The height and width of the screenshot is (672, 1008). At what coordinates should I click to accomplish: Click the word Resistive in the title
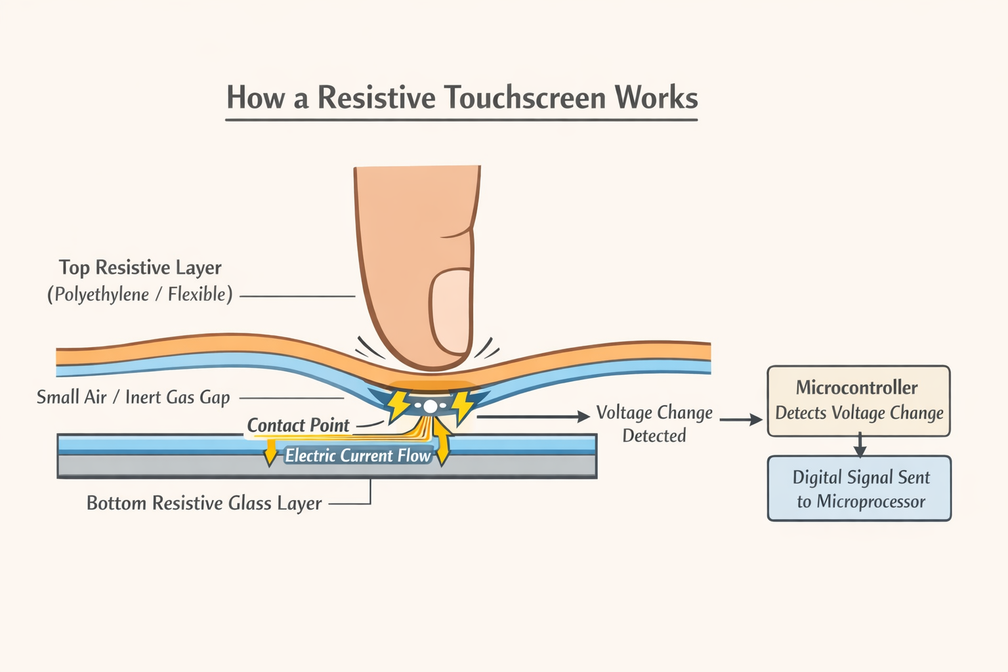(376, 98)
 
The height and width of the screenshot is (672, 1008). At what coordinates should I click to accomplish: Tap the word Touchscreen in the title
(525, 98)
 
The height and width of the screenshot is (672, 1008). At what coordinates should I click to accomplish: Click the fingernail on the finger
(451, 312)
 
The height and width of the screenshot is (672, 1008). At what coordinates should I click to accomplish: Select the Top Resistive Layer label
(140, 268)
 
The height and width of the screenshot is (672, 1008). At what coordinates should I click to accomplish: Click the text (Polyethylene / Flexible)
(140, 294)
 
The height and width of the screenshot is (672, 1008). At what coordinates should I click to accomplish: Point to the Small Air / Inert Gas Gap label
(133, 397)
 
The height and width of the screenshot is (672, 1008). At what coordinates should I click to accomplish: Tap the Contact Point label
(298, 425)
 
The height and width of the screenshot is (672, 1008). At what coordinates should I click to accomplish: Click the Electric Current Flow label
(358, 455)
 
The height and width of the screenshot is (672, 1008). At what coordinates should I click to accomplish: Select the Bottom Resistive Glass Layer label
(204, 503)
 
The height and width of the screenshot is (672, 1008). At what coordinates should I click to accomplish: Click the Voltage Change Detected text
(654, 424)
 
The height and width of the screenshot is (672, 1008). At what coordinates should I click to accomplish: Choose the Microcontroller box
(858, 400)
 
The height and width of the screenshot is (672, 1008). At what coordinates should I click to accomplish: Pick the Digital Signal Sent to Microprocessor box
(859, 489)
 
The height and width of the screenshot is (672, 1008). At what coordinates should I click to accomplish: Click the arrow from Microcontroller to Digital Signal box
(860, 446)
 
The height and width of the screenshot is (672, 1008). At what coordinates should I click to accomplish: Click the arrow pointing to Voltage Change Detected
(533, 416)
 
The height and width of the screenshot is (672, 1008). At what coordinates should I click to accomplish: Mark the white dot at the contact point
(430, 407)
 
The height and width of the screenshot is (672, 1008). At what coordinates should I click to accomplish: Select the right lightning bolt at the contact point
(462, 406)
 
